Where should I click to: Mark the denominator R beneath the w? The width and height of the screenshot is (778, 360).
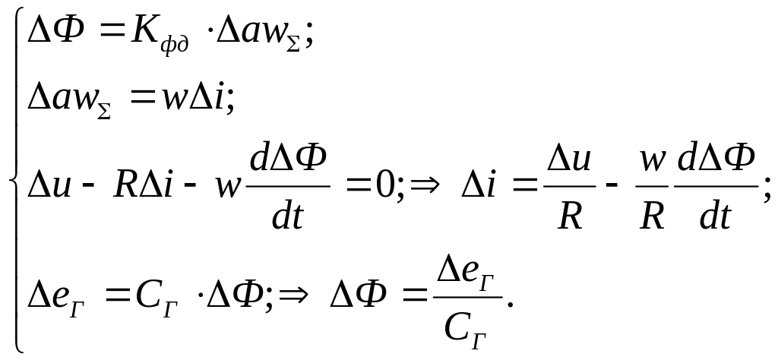[653, 217]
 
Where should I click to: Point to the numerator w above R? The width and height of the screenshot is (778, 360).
[653, 160]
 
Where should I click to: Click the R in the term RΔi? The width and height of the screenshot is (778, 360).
[125, 185]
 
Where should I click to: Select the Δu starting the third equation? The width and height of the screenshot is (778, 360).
[49, 185]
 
